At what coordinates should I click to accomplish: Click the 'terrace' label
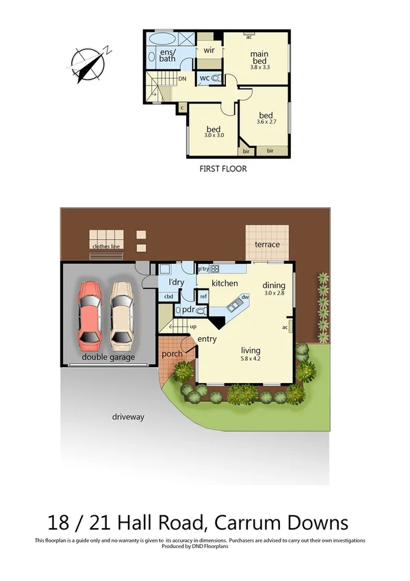tap(267, 245)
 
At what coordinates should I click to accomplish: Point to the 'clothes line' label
tap(105, 247)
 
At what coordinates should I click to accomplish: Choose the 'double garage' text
tap(108, 357)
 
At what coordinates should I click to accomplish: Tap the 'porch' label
tap(172, 354)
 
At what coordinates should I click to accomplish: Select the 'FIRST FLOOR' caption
tap(222, 169)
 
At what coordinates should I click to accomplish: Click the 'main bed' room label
tap(259, 58)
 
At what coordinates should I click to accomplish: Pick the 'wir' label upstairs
tap(210, 50)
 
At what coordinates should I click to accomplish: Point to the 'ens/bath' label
tap(168, 55)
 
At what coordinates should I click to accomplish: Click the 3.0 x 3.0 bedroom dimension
tap(214, 136)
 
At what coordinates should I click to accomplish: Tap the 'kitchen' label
tap(225, 283)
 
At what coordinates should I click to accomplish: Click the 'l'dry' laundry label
tap(168, 282)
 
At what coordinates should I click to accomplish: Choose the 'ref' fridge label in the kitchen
tap(203, 297)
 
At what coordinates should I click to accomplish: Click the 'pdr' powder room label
tap(189, 310)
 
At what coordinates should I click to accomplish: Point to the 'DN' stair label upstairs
tap(182, 79)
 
